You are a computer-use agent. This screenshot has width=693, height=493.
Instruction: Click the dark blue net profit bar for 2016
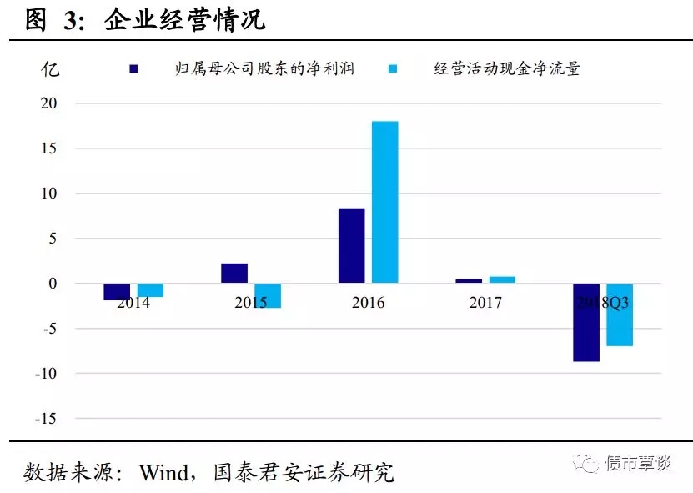tap(351, 245)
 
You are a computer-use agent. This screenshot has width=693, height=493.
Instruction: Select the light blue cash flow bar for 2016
tap(385, 202)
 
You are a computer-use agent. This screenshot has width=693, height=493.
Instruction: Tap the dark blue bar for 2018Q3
tap(586, 322)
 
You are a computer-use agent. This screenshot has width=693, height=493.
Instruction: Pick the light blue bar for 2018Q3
tap(620, 314)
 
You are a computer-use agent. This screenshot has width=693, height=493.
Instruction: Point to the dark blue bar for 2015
tap(234, 274)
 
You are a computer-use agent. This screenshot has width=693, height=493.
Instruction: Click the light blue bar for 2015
tap(268, 295)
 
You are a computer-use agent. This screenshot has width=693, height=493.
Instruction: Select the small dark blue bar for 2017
tap(469, 281)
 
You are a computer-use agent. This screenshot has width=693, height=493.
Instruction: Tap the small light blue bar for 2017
tap(502, 280)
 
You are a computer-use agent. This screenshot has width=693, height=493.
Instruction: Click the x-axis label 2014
tap(133, 302)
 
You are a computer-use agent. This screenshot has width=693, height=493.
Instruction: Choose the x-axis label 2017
tap(485, 302)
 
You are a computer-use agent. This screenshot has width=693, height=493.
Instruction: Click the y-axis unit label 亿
tap(50, 69)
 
